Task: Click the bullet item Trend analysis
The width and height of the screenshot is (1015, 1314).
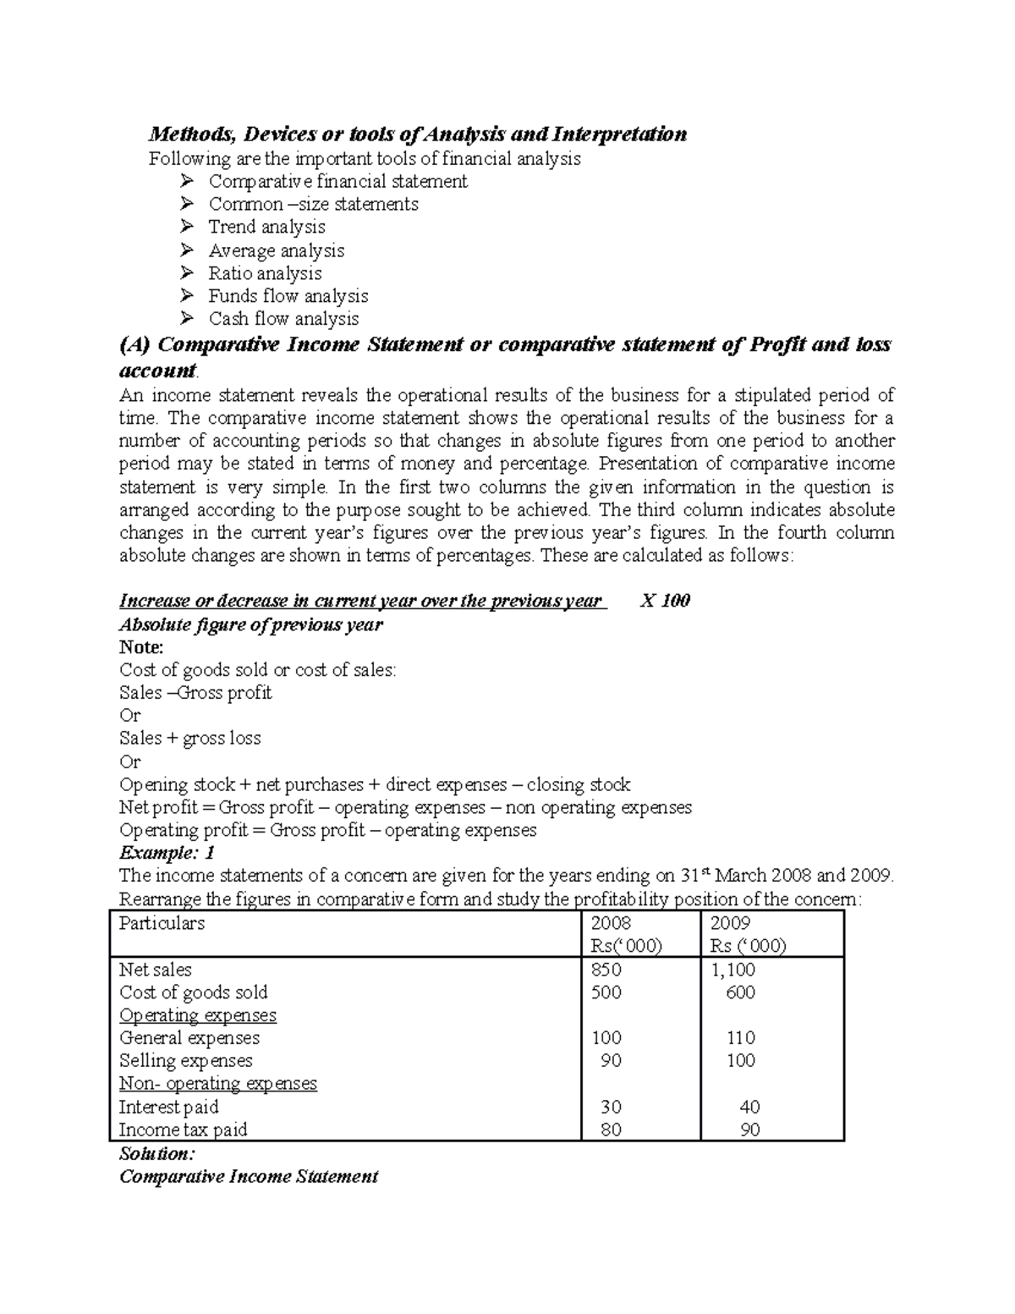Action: (x=266, y=228)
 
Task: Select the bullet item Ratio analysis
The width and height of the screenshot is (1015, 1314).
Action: (x=265, y=273)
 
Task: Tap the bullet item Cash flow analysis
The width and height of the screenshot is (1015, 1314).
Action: (x=283, y=319)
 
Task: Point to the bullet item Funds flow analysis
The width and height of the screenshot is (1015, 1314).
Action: (x=288, y=296)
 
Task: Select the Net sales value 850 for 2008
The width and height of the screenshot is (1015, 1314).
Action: (x=606, y=970)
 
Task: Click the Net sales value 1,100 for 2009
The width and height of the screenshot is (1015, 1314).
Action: (x=733, y=970)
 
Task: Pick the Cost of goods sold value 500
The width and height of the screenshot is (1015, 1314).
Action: (x=606, y=992)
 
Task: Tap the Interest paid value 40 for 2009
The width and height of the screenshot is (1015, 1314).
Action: (x=749, y=1107)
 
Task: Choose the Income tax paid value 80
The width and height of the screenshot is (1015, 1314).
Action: (x=610, y=1130)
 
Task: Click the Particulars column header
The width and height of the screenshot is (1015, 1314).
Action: (x=162, y=923)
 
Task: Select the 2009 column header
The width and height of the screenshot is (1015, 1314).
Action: (x=730, y=923)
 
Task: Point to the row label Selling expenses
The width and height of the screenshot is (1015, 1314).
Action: (x=186, y=1061)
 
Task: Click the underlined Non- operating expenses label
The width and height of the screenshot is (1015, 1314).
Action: (x=218, y=1084)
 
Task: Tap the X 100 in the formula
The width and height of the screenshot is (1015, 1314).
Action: (x=666, y=601)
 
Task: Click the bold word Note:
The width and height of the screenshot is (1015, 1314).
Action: (x=141, y=647)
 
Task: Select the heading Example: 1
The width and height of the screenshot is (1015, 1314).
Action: (x=167, y=853)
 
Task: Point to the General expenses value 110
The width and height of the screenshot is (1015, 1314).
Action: (x=741, y=1038)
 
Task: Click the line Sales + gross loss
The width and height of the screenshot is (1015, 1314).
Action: (x=190, y=739)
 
